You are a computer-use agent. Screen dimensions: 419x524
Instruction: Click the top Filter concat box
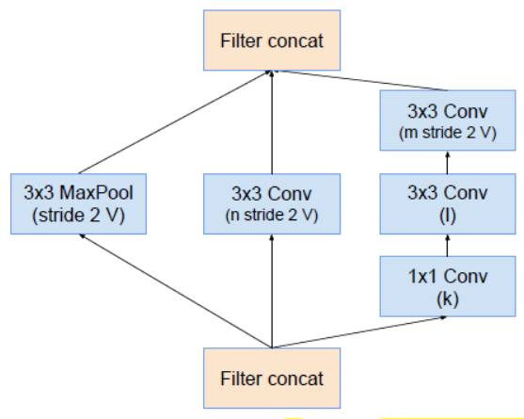click(x=270, y=40)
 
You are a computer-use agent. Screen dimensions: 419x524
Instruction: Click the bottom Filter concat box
click(x=270, y=378)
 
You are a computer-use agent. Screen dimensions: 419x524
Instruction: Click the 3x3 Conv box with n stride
click(x=270, y=202)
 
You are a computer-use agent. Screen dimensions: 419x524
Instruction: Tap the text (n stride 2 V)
click(x=270, y=215)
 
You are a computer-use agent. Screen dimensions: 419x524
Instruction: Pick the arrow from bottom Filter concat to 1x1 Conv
click(x=357, y=332)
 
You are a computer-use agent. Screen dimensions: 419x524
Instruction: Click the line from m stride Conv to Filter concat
click(x=329, y=80)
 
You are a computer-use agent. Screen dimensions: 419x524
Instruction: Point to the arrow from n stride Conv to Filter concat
click(x=271, y=122)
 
